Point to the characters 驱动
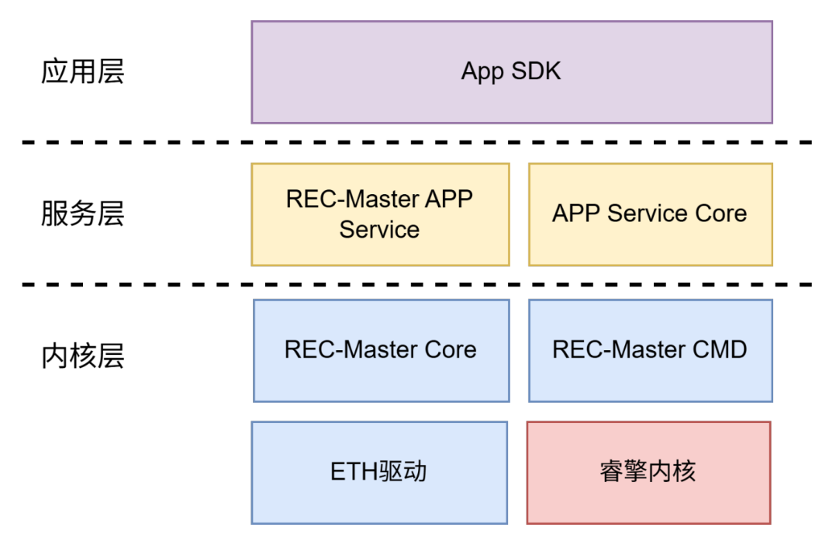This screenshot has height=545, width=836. pyautogui.click(x=403, y=471)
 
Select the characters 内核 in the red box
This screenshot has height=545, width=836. pyautogui.click(x=672, y=471)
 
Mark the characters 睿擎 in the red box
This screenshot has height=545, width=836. pyautogui.click(x=624, y=471)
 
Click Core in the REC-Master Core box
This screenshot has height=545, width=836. pyautogui.click(x=450, y=349)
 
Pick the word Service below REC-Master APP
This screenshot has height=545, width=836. pyautogui.click(x=379, y=230)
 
